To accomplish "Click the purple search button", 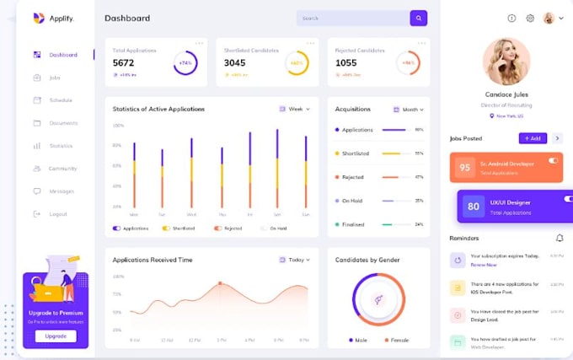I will pyautogui.click(x=418, y=18).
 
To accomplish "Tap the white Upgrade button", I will pyautogui.click(x=56, y=336).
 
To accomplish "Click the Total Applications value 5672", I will pyautogui.click(x=124, y=62).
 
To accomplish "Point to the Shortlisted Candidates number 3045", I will pyautogui.click(x=235, y=62).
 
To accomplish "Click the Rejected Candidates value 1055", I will pyautogui.click(x=346, y=62).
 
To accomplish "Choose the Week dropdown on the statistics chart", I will pyautogui.click(x=295, y=109).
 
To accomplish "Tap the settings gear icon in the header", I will pyautogui.click(x=530, y=18).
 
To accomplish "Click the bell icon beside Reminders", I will pyautogui.click(x=560, y=238).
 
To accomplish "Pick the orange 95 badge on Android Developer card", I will pyautogui.click(x=464, y=167).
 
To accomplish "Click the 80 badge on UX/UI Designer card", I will pyautogui.click(x=474, y=206).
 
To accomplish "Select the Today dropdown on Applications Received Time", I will pyautogui.click(x=295, y=260).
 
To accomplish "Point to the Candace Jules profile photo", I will pyautogui.click(x=506, y=62).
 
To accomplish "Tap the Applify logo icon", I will pyautogui.click(x=38, y=18).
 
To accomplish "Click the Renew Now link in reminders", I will pyautogui.click(x=483, y=265).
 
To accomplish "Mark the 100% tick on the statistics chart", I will pyautogui.click(x=118, y=126).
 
